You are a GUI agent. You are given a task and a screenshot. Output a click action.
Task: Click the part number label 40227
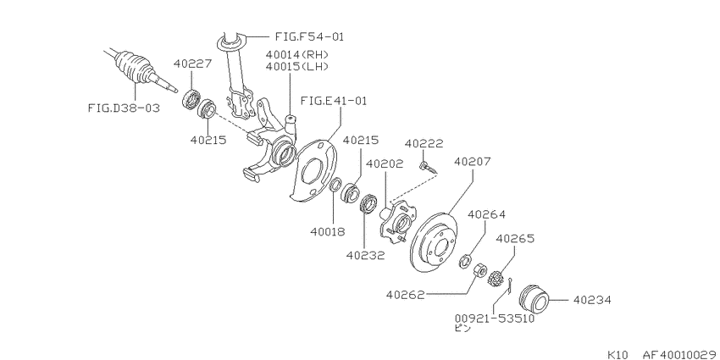coord(193,64)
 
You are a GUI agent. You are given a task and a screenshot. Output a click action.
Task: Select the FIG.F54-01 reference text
coord(309,36)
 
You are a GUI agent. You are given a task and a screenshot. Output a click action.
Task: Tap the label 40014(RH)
coord(297,55)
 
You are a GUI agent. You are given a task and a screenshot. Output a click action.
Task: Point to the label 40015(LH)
coord(297,67)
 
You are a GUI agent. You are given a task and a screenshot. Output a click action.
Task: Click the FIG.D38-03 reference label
coord(124,108)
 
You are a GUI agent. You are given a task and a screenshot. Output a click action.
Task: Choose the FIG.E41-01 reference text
coord(334,101)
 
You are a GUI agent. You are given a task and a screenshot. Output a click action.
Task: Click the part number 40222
coord(424,144)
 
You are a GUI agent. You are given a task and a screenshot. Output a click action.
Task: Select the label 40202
coord(385,163)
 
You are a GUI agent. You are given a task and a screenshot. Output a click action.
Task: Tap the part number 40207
coord(473,162)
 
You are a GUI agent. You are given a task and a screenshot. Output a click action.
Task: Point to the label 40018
coord(327,232)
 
